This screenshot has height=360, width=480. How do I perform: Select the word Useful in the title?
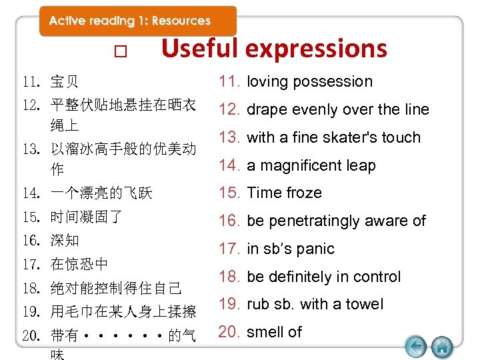click(x=200, y=48)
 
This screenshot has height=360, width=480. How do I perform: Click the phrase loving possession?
click(x=309, y=81)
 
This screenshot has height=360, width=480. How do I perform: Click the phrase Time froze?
click(x=284, y=193)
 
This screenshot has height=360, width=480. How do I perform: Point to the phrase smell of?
click(x=274, y=332)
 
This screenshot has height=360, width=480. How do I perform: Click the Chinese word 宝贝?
click(x=65, y=83)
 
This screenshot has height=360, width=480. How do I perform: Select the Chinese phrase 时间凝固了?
click(x=86, y=217)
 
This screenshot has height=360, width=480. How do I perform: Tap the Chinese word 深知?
click(x=65, y=240)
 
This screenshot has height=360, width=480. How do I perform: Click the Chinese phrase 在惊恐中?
click(x=79, y=264)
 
